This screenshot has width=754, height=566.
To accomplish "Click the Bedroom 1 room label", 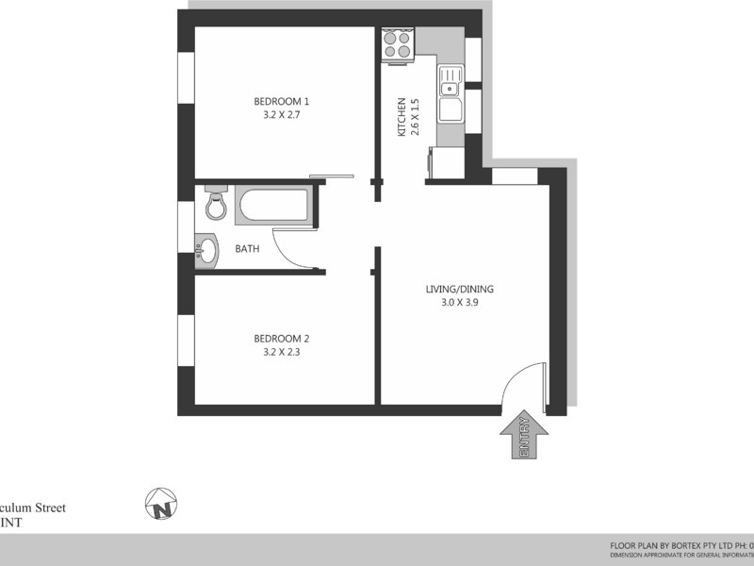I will (x=282, y=101).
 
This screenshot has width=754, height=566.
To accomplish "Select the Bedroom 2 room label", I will (x=282, y=339).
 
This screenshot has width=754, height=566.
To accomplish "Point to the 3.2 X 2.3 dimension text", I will (x=282, y=353).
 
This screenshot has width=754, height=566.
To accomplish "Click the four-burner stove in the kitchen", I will (x=399, y=44).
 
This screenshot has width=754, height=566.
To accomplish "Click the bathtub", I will (x=272, y=206).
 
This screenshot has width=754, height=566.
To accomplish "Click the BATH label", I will (x=247, y=250).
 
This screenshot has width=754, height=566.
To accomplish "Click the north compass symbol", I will (x=161, y=505).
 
